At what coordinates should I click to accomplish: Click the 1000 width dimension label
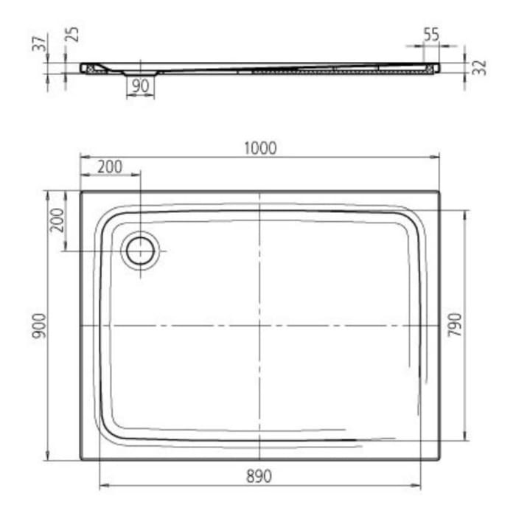(x=259, y=148)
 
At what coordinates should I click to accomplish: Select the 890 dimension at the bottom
(x=258, y=476)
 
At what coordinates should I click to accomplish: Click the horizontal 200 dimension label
(x=109, y=167)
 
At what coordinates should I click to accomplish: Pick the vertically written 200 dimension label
(x=57, y=220)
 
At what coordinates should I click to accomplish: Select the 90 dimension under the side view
(x=140, y=86)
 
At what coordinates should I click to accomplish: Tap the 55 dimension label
(x=432, y=34)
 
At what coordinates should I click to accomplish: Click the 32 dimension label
(x=480, y=68)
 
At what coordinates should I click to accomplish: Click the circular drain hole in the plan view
(x=139, y=251)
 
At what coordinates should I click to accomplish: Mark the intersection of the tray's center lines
(x=259, y=325)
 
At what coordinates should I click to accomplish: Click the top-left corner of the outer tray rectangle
(x=80, y=192)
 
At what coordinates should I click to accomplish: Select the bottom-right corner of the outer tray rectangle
(x=439, y=459)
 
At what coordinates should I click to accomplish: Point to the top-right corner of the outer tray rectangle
(x=439, y=192)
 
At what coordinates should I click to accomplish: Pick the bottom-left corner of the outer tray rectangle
(x=80, y=459)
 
